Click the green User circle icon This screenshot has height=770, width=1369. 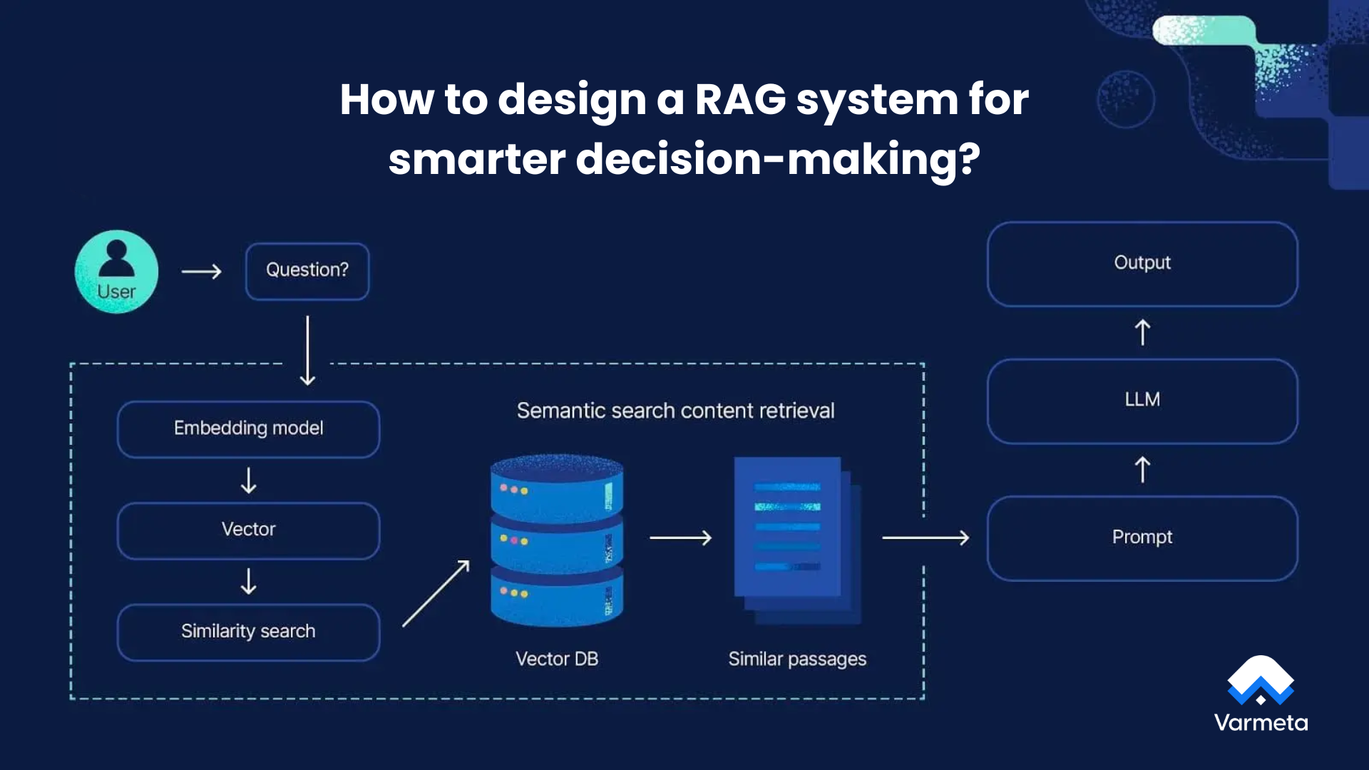[116, 272]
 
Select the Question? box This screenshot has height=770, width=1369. [307, 271]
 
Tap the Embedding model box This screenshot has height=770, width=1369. [248, 428]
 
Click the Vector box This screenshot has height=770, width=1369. [248, 530]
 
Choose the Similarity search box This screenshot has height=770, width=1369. [248, 632]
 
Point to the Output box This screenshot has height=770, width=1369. [1142, 264]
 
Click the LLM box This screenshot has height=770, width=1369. [1142, 401]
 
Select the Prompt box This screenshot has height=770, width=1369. [1142, 538]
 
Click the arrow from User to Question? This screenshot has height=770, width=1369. [202, 272]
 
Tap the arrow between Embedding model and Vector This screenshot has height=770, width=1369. [248, 481]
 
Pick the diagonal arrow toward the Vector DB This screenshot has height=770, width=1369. [436, 594]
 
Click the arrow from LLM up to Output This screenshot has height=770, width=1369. [1142, 332]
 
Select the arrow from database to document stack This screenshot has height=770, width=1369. [681, 538]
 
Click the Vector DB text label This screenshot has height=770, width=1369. [556, 659]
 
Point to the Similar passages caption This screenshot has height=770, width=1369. [797, 659]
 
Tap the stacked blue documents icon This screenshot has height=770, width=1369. [795, 540]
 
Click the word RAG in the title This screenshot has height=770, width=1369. [740, 99]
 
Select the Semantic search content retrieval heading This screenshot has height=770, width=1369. [675, 411]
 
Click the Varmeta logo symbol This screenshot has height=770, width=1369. [1260, 679]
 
